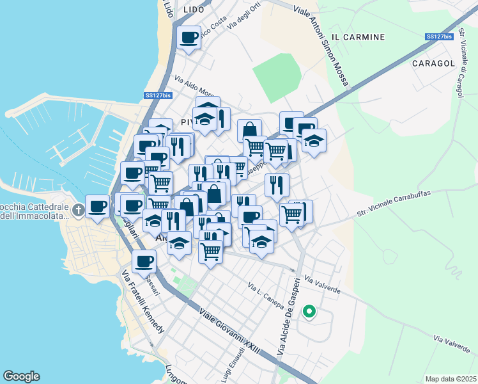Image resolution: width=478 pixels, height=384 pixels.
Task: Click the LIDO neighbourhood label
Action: coord(193,10)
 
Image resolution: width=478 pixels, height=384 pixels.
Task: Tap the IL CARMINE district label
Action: coord(359,37)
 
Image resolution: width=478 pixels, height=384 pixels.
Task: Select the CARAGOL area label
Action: coord(433,63)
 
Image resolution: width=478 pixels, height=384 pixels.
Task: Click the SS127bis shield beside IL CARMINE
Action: coord(440,36)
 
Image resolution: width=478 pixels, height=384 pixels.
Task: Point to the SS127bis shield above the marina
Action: coord(158,95)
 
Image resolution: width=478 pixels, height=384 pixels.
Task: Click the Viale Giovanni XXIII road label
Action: coord(229,337)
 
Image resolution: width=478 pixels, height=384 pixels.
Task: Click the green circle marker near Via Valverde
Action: coord(309,312)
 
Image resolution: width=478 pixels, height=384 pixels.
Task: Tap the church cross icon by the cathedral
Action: coord(78,209)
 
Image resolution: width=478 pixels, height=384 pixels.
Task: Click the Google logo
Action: coord(21,376)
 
